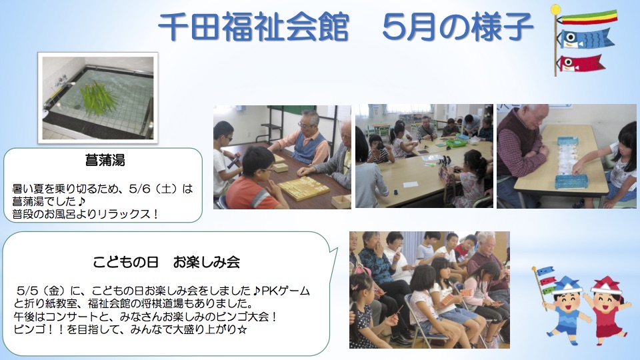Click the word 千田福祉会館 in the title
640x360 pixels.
pyautogui.click(x=253, y=27)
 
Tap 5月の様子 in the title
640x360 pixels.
pyautogui.click(x=458, y=27)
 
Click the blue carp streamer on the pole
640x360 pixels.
pyautogui.click(x=585, y=39)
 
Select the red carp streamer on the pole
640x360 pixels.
pyautogui.click(x=580, y=63)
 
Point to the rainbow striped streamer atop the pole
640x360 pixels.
pyautogui.click(x=587, y=17)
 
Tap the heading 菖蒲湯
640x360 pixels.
pyautogui.click(x=105, y=160)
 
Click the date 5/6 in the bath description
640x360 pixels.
pyautogui.click(x=139, y=189)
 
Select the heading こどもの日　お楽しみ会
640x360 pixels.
pyautogui.click(x=166, y=261)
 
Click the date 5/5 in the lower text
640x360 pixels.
pyautogui.click(x=28, y=291)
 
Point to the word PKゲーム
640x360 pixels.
pyautogui.click(x=285, y=291)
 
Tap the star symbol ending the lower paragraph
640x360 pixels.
pyautogui.click(x=242, y=329)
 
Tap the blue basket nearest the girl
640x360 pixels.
pyautogui.click(x=571, y=181)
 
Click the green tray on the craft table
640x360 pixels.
pyautogui.click(x=455, y=143)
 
